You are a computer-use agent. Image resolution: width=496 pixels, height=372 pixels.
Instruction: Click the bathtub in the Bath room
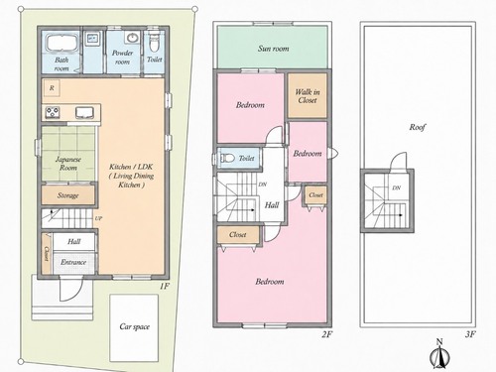62,43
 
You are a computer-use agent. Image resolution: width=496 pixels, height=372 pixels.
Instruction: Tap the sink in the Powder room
132,38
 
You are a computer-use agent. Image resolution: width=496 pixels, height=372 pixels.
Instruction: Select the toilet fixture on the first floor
153,42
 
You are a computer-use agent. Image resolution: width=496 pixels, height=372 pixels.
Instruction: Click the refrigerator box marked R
52,88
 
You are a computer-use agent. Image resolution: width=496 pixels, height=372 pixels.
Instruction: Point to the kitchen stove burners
53,113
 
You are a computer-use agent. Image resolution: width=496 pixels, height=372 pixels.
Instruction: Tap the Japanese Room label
68,164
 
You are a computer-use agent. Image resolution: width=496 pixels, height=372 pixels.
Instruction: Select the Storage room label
68,195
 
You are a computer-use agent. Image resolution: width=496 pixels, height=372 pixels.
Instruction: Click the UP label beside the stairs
98,218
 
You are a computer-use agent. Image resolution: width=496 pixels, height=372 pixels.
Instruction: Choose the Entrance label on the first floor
73,262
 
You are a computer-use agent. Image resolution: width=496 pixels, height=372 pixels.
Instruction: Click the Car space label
134,326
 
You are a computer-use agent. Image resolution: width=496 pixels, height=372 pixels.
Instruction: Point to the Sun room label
273,49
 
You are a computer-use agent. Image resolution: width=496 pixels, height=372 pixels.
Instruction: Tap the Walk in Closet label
308,96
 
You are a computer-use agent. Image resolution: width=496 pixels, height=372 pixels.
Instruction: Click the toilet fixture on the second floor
227,158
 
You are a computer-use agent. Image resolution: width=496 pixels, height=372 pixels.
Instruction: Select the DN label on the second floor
263,185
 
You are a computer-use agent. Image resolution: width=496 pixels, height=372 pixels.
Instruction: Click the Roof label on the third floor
418,127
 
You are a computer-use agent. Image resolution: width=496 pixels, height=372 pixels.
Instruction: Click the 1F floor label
164,286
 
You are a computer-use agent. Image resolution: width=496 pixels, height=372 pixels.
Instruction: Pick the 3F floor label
470,334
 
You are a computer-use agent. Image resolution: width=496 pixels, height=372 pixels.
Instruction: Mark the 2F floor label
326,334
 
